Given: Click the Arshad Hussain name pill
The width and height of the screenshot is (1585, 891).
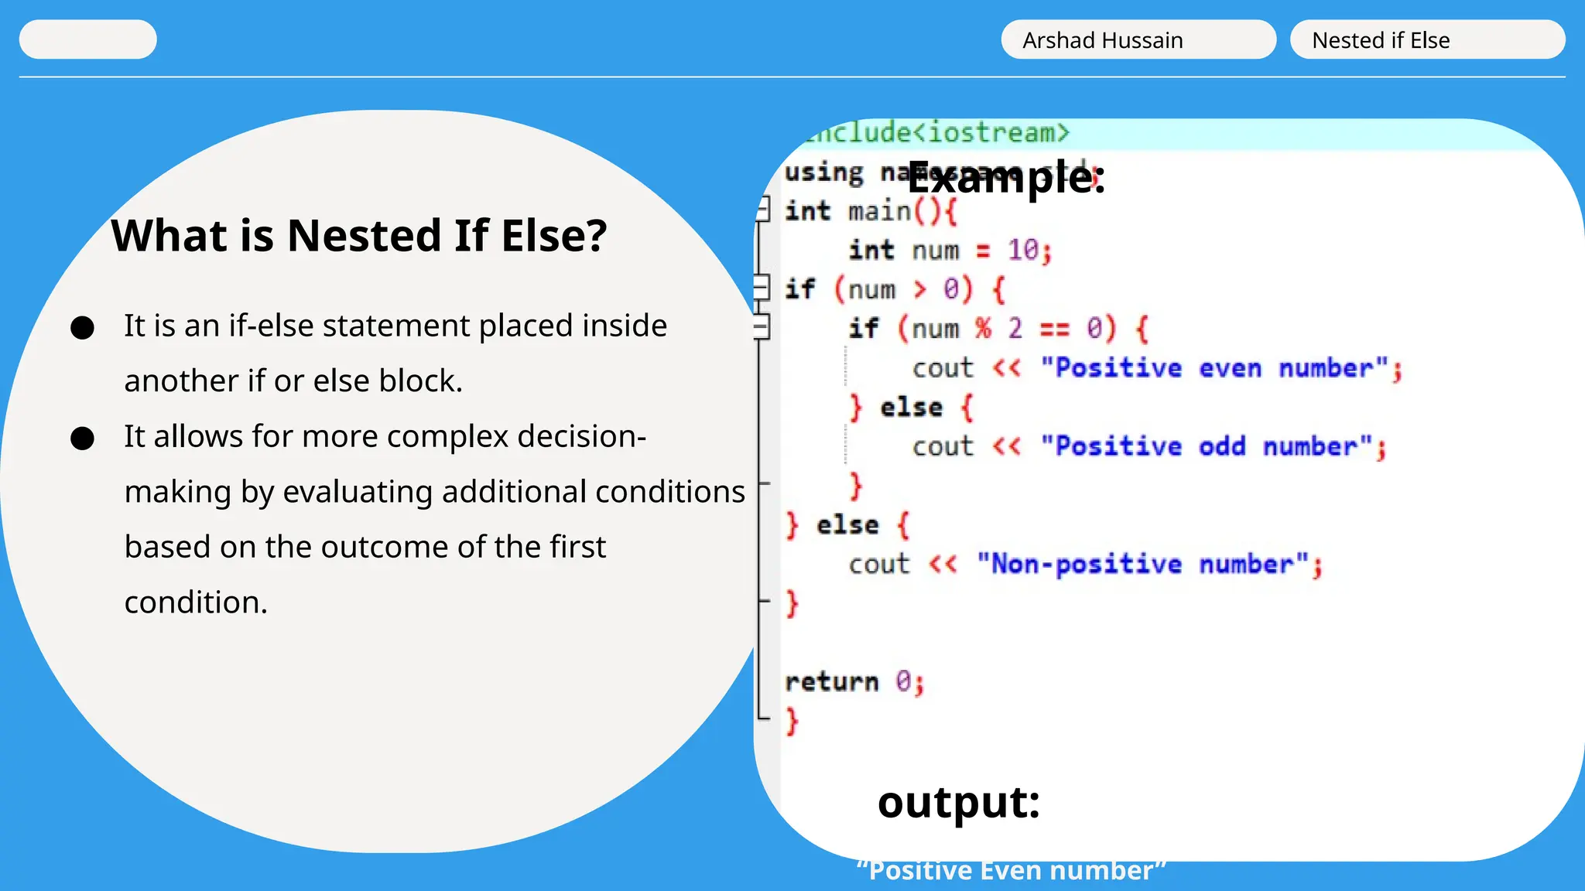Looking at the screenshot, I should (x=1138, y=40).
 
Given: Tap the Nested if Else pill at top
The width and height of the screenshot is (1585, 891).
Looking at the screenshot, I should (x=1426, y=40).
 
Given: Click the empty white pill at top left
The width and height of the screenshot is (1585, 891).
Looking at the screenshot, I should (x=87, y=39).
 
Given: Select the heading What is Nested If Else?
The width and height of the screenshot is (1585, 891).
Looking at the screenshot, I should (x=359, y=236).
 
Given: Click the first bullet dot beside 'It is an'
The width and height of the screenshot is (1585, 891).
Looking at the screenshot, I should (x=82, y=328).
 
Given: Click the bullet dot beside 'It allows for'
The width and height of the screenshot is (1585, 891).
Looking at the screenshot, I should (x=82, y=439).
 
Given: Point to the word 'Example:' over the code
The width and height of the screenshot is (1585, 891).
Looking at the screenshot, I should (x=1006, y=178).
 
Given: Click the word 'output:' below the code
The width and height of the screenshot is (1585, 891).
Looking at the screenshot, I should (x=958, y=803).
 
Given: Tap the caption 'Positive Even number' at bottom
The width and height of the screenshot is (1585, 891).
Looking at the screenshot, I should (x=1011, y=871).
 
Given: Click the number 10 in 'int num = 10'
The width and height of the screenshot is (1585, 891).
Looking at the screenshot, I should (x=1023, y=251).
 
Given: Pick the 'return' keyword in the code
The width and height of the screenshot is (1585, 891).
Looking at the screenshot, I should (x=832, y=682).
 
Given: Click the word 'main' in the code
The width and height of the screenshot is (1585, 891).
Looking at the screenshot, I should (x=879, y=211).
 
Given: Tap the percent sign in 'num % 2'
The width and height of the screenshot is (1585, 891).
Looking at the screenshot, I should (x=983, y=329).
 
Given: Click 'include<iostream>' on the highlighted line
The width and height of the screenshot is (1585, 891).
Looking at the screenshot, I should (x=936, y=133).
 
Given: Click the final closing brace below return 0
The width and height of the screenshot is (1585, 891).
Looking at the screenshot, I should (x=792, y=721).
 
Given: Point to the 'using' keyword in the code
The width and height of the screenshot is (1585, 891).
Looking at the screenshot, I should (x=823, y=172).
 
